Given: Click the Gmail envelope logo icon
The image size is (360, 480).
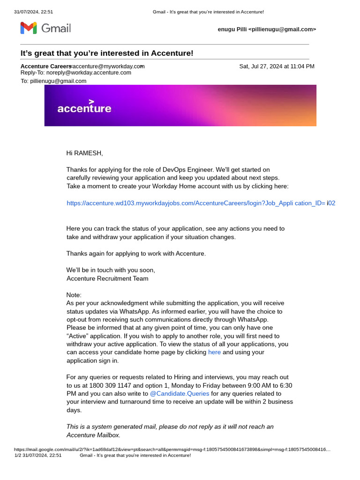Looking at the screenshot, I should click(28, 28).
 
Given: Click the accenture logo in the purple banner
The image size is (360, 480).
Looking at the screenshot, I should click(84, 107).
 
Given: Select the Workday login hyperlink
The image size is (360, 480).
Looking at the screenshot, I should click(201, 203).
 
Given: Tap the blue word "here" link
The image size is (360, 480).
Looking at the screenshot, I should click(214, 352).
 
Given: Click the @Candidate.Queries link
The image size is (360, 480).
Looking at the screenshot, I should click(180, 394).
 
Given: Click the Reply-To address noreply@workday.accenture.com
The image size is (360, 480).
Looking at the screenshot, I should click(89, 73).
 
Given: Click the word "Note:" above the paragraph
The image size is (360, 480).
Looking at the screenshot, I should click(74, 295).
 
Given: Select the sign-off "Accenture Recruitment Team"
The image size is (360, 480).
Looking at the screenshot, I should click(107, 278).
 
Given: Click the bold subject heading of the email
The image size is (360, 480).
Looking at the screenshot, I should click(107, 53).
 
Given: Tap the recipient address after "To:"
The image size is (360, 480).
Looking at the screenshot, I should click(58, 81).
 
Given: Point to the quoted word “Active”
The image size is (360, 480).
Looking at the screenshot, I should click(79, 336).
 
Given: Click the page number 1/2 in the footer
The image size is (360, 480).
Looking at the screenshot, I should click(18, 455).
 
